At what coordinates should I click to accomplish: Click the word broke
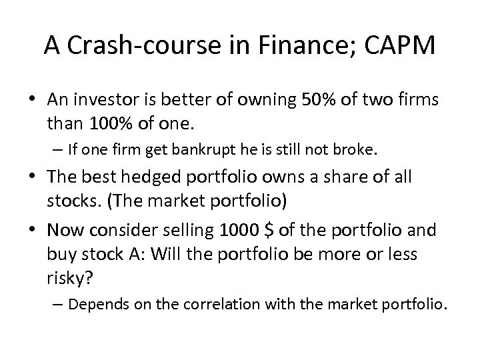pyautogui.click(x=358, y=151)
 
